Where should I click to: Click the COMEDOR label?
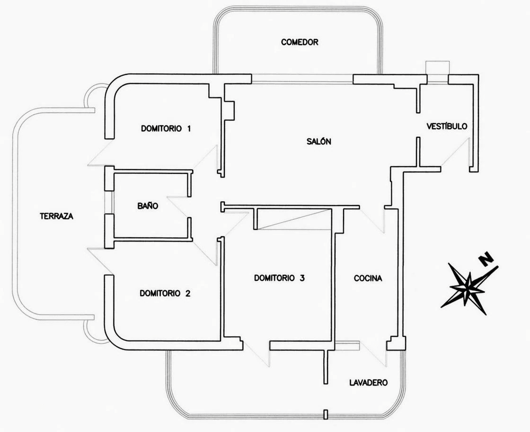pyautogui.click(x=300, y=42)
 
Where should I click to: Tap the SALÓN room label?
pyautogui.click(x=319, y=142)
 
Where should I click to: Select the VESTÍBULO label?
pyautogui.click(x=447, y=126)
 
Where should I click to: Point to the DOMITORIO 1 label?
pyautogui.click(x=166, y=128)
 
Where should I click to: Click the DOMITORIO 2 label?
pyautogui.click(x=165, y=293)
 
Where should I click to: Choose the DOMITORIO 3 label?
pyautogui.click(x=279, y=278)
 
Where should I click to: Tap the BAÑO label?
pyautogui.click(x=148, y=206)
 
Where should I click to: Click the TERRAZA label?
pyautogui.click(x=56, y=216)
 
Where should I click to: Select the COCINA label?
pyautogui.click(x=368, y=278)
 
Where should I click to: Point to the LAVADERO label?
pyautogui.click(x=369, y=383)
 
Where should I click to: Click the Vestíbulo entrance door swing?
pyautogui.click(x=455, y=152)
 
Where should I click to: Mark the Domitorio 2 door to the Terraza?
pyautogui.click(x=100, y=261)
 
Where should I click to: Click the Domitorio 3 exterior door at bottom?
pyautogui.click(x=257, y=354)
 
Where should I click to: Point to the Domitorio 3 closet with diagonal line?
pyautogui.click(x=294, y=219)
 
